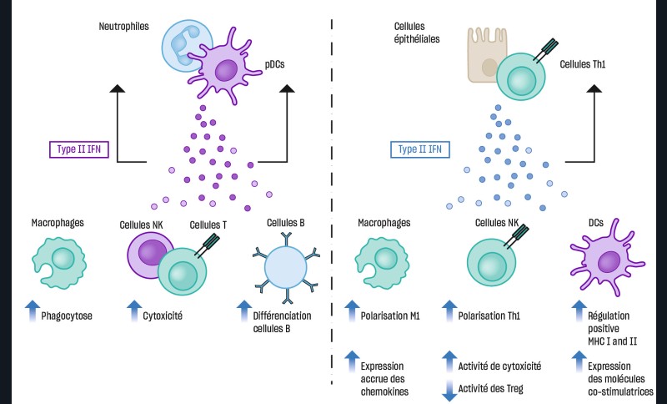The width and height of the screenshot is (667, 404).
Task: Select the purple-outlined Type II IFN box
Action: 80,150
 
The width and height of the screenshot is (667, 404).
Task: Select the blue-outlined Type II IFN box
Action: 420,150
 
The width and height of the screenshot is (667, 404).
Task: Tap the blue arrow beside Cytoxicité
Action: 134,311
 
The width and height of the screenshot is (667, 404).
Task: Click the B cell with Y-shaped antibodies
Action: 285,270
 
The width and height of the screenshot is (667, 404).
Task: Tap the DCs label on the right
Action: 595,223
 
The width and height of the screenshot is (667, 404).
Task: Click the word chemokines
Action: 384,391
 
